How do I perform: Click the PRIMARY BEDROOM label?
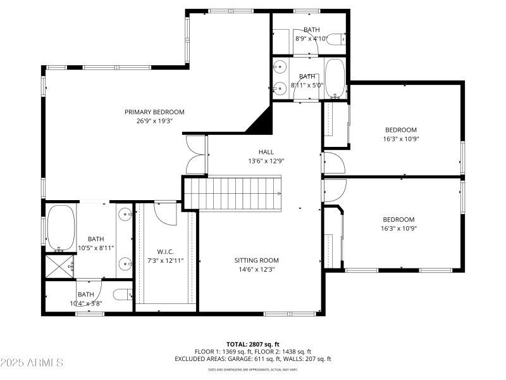[x=154, y=112]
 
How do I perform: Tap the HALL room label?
[x=266, y=152]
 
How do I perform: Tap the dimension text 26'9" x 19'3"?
[x=154, y=120]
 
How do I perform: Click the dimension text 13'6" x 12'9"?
[x=266, y=161]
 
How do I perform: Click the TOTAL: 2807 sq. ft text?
[x=252, y=344]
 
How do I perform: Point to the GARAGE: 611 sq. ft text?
[x=247, y=359]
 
